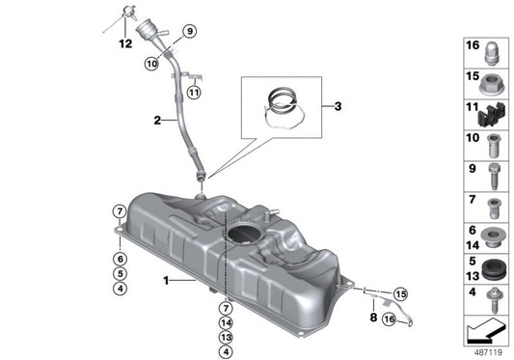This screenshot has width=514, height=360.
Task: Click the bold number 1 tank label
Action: click(x=165, y=281)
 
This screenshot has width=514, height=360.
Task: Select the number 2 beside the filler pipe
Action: click(x=156, y=122)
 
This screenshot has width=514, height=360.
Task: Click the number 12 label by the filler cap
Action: click(x=123, y=43)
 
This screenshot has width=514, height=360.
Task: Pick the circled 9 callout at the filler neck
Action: click(x=189, y=31)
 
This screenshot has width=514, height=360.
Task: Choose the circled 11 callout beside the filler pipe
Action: click(x=193, y=93)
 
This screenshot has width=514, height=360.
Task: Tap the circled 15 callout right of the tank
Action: click(x=400, y=293)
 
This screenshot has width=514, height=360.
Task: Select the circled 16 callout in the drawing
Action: click(x=389, y=318)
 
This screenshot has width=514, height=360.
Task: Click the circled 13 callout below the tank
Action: click(x=225, y=337)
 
